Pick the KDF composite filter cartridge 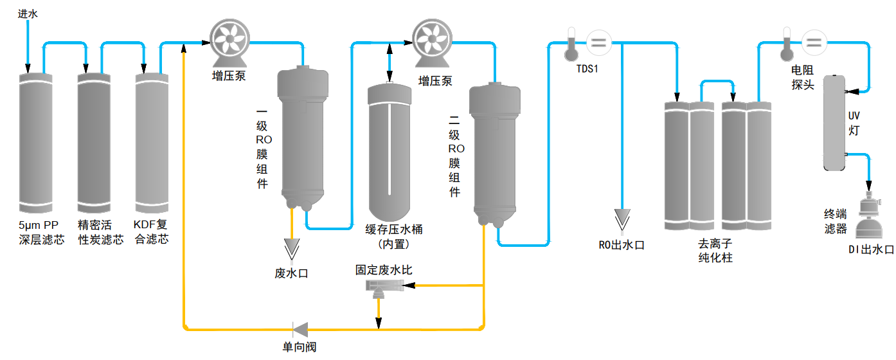152,145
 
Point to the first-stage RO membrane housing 300,135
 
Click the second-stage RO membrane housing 494,151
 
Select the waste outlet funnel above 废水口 292,248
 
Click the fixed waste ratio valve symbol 382,287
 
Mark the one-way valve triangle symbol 300,328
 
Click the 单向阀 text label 300,348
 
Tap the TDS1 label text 587,69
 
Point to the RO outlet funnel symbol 622,219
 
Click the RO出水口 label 622,245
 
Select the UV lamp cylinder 835,122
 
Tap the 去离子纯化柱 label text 715,251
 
